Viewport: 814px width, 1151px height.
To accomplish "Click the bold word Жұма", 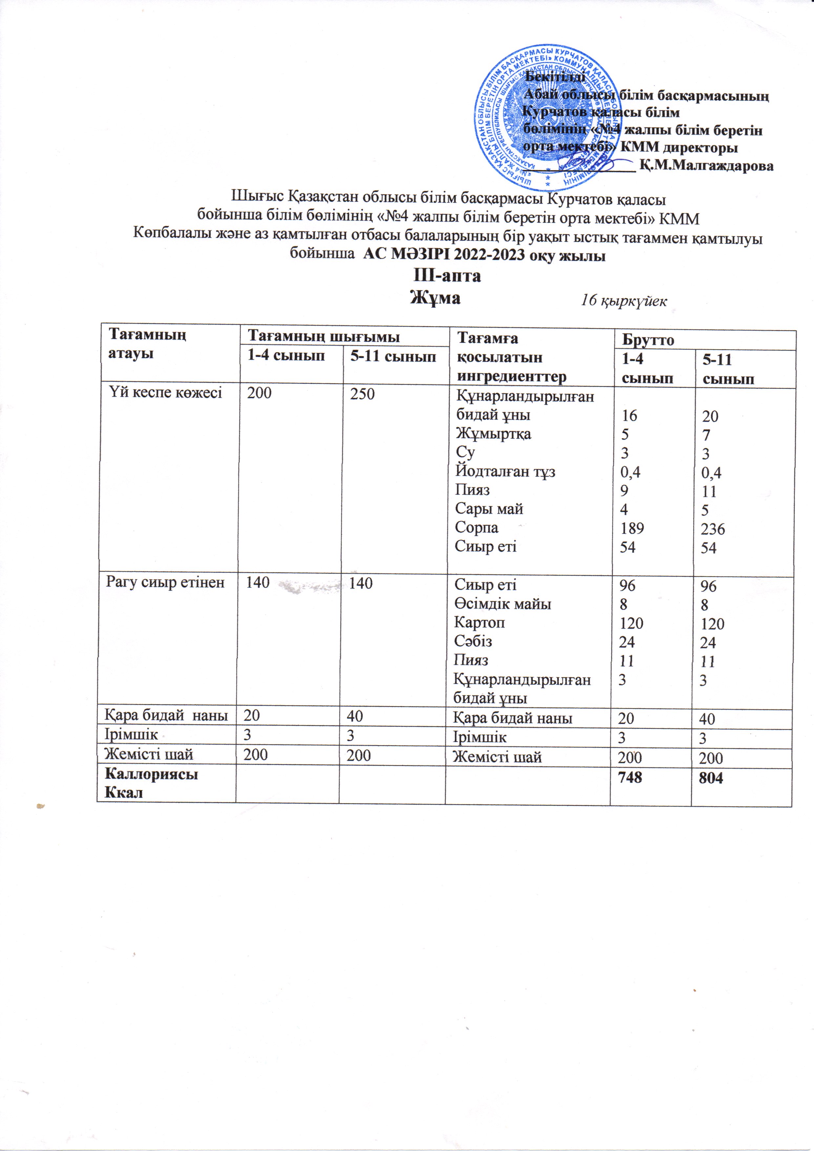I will tap(435, 298).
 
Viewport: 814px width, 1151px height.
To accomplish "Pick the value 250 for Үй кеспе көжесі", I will tap(362, 394).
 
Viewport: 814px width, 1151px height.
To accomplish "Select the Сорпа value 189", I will tap(632, 528).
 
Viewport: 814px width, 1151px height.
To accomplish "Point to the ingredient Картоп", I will tap(479, 622).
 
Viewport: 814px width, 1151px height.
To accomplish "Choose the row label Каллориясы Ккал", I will tap(151, 783).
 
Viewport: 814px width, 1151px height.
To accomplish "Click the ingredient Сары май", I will tap(489, 509).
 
